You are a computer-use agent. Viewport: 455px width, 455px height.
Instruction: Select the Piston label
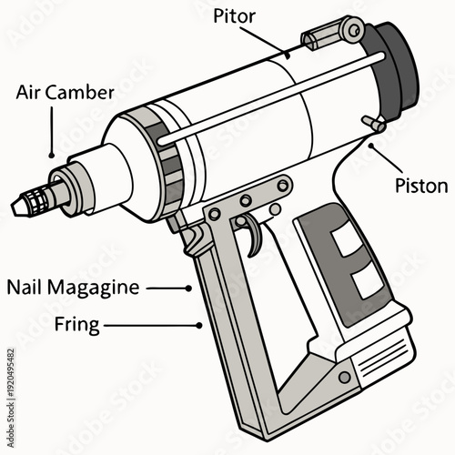421,186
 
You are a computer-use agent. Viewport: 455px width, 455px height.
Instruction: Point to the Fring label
76,324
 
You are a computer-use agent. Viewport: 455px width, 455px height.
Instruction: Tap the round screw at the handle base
344,377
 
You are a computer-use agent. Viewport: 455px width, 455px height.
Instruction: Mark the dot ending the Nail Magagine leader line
189,288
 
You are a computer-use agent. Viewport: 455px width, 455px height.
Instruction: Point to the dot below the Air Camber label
53,156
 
